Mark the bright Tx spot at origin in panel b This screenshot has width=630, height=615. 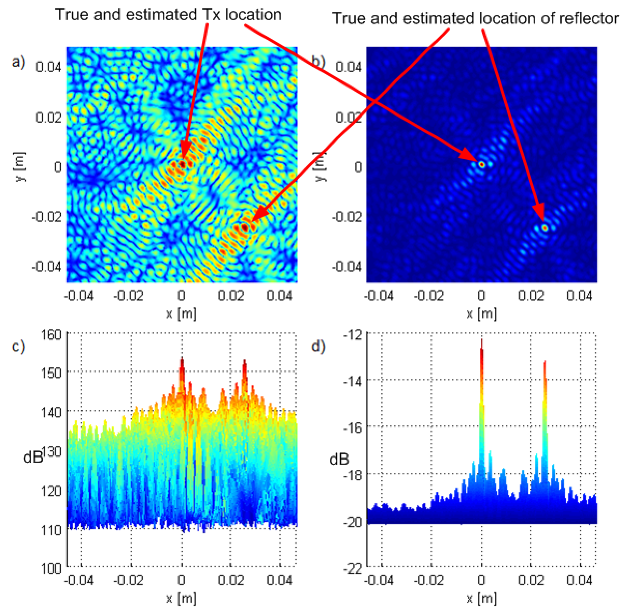tap(482, 165)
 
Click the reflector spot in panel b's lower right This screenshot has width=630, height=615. tap(545, 228)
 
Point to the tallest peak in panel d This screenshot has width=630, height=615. tap(482, 342)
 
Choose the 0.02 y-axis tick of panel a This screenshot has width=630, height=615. tap(49, 117)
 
